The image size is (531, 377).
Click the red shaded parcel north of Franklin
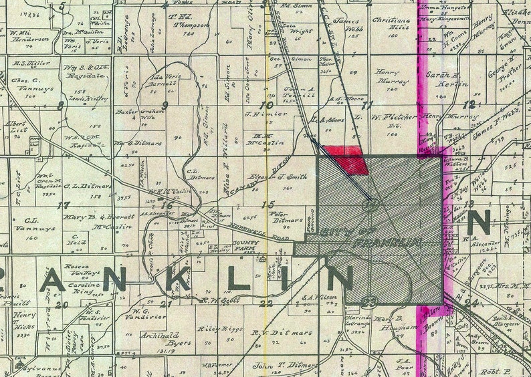[x=345, y=158]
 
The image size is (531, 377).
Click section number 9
[x=165, y=104]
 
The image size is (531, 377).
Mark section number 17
[x=64, y=205]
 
